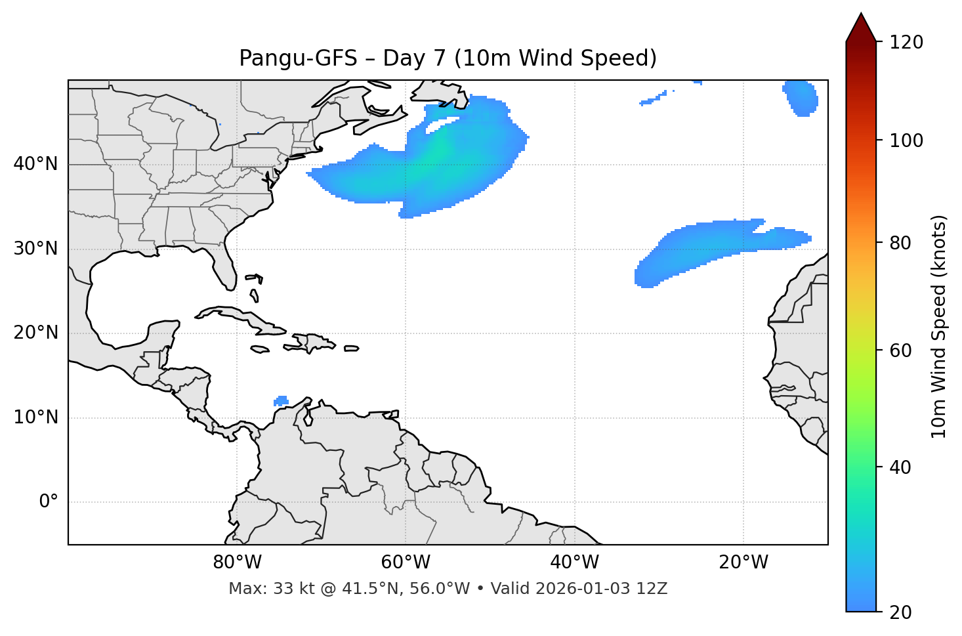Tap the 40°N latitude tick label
pos(35,164)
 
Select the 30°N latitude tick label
pos(35,249)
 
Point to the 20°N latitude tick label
pos(35,333)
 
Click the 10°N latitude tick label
pos(35,417)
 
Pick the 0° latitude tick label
pos(49,502)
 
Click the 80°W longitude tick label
pos(237,562)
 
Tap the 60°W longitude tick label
pos(406,562)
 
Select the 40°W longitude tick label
pos(574,562)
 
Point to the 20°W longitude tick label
pos(743,562)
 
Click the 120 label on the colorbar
pos(906,43)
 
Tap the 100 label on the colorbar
pos(906,140)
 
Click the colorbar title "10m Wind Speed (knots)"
pos(939,326)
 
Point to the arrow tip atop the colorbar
pos(861,14)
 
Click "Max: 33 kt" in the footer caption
pos(258,589)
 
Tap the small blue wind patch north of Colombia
pos(281,400)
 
